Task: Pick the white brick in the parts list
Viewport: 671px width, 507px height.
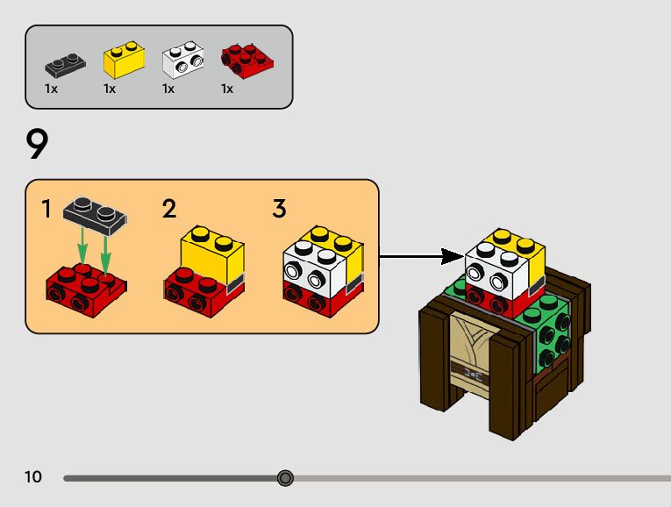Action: coord(182,60)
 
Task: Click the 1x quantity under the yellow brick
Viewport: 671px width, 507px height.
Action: coord(110,89)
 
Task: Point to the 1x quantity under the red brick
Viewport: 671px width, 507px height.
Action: coord(227,89)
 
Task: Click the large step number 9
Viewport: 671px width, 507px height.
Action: coord(38,144)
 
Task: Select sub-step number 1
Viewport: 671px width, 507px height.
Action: coord(46,210)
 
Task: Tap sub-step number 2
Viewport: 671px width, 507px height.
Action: coord(169,209)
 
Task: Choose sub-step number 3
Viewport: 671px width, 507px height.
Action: coord(279,209)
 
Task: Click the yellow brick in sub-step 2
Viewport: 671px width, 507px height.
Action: coord(211,251)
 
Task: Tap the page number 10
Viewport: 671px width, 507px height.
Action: coord(33,477)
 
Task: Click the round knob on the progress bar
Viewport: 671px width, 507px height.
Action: coord(285,478)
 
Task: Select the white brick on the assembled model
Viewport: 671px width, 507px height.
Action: coord(496,268)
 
